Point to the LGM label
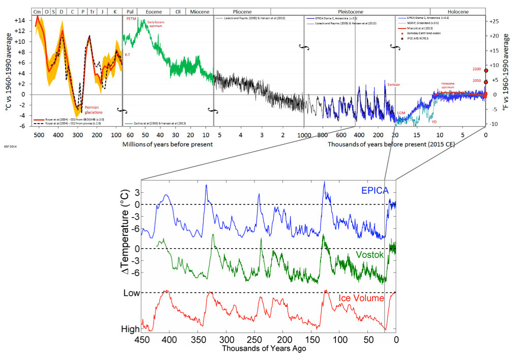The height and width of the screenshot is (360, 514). pyautogui.click(x=401, y=112)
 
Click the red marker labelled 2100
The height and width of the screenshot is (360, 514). pyautogui.click(x=486, y=71)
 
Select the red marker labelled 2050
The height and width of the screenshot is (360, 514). pyautogui.click(x=486, y=82)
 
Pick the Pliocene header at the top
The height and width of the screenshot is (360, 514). pyautogui.click(x=242, y=11)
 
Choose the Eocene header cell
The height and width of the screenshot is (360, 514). pyautogui.click(x=154, y=11)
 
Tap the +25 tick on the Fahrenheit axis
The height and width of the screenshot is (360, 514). pyautogui.click(x=495, y=21)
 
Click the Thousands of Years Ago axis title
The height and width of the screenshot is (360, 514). pyautogui.click(x=264, y=349)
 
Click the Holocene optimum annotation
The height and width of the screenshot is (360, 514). pyautogui.click(x=450, y=85)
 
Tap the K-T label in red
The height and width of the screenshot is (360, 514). pyautogui.click(x=128, y=55)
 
